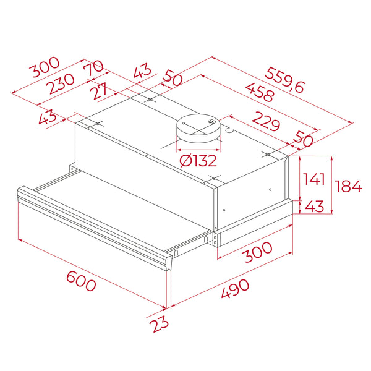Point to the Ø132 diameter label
point(198,161)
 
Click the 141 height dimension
point(314,180)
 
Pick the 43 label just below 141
point(314,207)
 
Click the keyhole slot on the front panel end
point(177,253)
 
